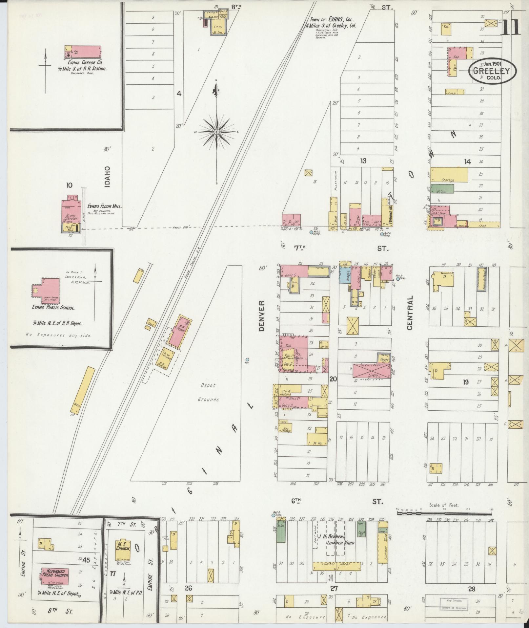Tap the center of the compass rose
(216, 132)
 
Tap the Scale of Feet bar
(444, 512)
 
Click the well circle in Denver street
(247, 359)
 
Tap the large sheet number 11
(510, 27)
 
